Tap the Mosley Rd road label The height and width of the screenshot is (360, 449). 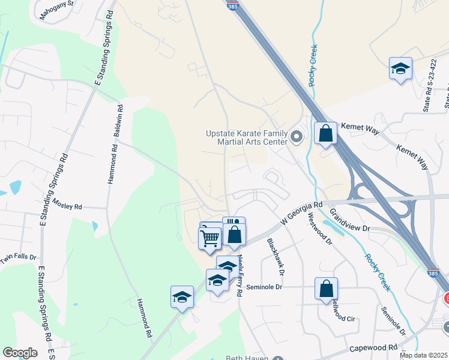(x=67, y=205)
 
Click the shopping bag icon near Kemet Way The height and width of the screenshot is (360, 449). (x=325, y=134)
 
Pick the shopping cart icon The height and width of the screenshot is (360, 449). (x=209, y=238)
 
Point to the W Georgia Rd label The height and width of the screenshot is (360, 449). (x=302, y=214)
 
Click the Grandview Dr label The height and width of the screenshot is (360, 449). (x=351, y=220)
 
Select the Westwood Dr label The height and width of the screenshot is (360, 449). (x=319, y=229)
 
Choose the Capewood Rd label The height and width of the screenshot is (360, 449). (x=372, y=347)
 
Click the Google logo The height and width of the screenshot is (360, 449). (x=20, y=353)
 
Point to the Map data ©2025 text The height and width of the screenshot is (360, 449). (x=423, y=355)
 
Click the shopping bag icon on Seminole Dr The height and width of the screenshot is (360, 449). (x=325, y=289)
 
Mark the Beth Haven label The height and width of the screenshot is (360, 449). (x=246, y=358)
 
